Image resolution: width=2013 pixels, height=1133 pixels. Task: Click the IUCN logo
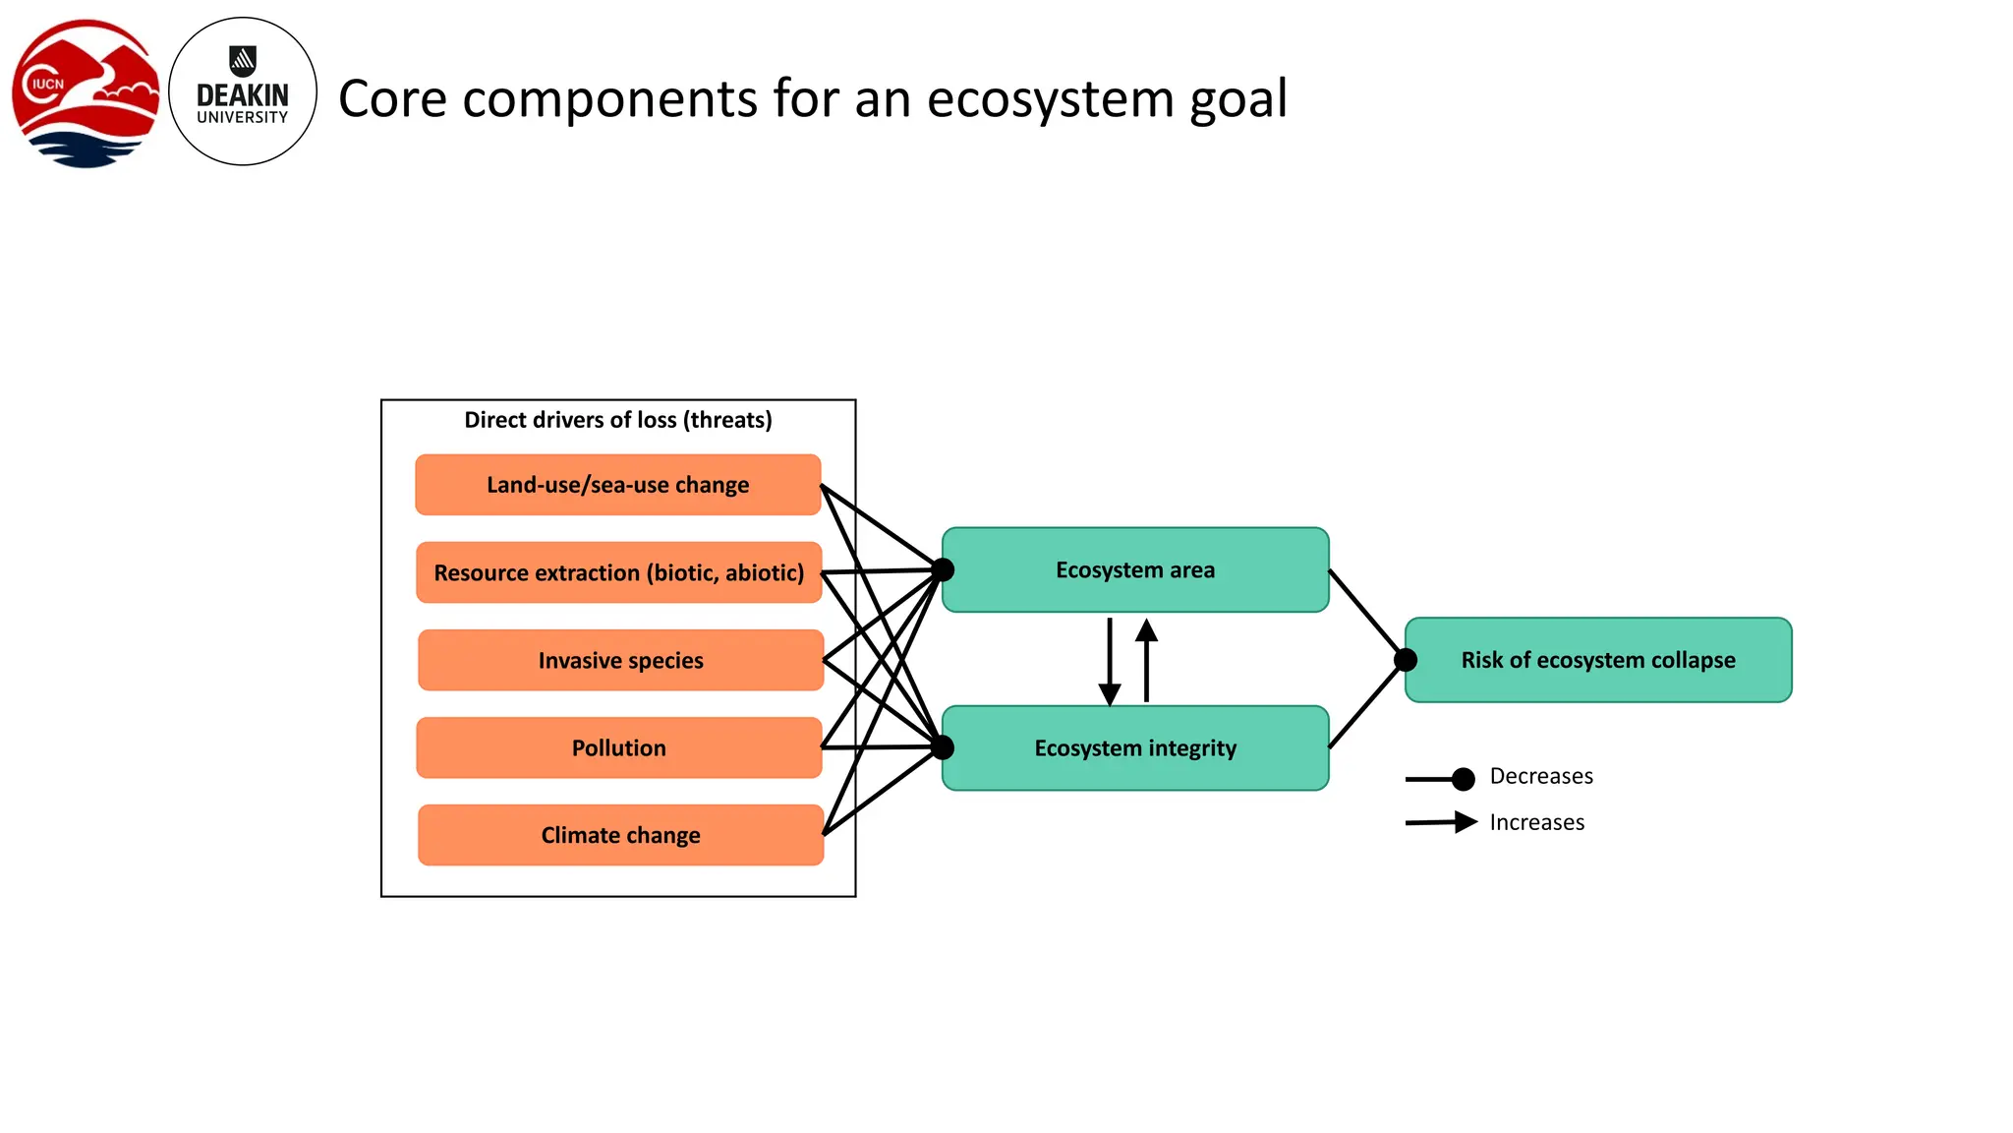86,93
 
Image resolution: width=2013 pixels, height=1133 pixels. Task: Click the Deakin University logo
243,91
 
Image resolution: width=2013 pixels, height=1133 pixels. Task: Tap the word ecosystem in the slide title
1051,99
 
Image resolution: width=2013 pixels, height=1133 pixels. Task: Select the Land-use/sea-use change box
617,485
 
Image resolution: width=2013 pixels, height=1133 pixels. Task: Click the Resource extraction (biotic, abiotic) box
618,572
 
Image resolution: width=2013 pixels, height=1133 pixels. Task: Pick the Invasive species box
620,660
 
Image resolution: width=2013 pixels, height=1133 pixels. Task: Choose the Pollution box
618,747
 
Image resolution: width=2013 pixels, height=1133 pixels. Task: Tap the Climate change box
620,835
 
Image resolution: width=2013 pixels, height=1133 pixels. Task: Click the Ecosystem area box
1135,570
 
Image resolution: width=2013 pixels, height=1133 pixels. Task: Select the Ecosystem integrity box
1135,748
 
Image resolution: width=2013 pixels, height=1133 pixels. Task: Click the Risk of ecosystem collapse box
1598,660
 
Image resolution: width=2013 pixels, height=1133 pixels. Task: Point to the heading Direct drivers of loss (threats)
618,420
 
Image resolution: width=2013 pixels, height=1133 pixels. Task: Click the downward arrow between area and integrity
1110,661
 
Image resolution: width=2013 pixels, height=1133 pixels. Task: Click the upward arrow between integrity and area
1146,659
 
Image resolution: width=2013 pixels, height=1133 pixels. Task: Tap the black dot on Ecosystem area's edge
943,569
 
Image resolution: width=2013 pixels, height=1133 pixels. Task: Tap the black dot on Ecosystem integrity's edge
943,747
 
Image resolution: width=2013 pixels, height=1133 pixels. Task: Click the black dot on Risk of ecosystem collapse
1406,660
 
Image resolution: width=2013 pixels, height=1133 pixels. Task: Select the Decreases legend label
1540,776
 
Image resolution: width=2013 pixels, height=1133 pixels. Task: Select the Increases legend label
1536,822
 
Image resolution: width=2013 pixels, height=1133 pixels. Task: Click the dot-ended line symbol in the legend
1441,779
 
